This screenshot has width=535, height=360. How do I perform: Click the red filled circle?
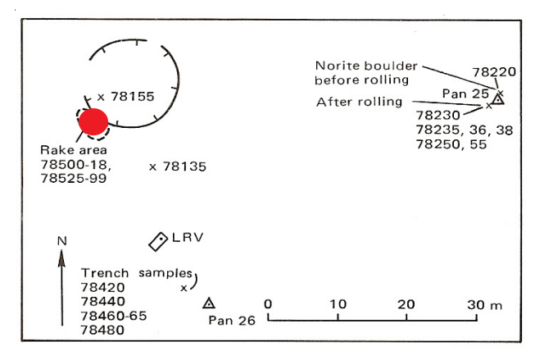[93, 121]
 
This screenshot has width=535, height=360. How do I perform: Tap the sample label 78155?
[131, 97]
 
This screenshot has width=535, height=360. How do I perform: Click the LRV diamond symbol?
[157, 241]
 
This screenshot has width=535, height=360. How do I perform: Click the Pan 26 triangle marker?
[209, 303]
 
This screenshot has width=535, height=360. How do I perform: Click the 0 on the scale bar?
[268, 304]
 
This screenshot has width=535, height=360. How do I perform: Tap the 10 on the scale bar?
[337, 304]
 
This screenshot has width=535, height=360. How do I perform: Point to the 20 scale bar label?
[406, 304]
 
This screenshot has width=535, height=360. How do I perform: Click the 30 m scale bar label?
[483, 304]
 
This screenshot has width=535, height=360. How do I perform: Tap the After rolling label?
[360, 102]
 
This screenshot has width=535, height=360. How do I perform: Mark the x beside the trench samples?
[184, 288]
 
